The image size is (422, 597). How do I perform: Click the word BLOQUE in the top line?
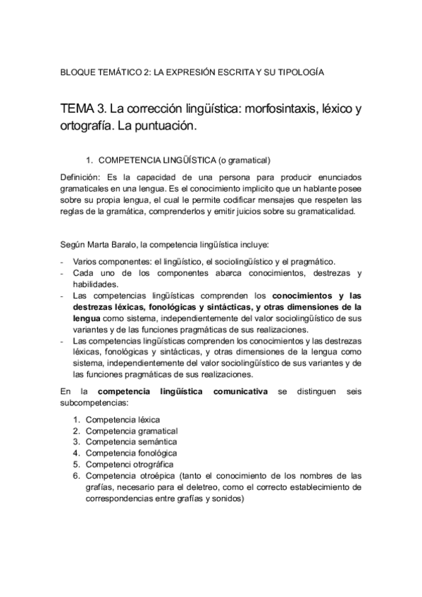point(78,72)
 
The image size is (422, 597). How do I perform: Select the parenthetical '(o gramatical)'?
point(245,160)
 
